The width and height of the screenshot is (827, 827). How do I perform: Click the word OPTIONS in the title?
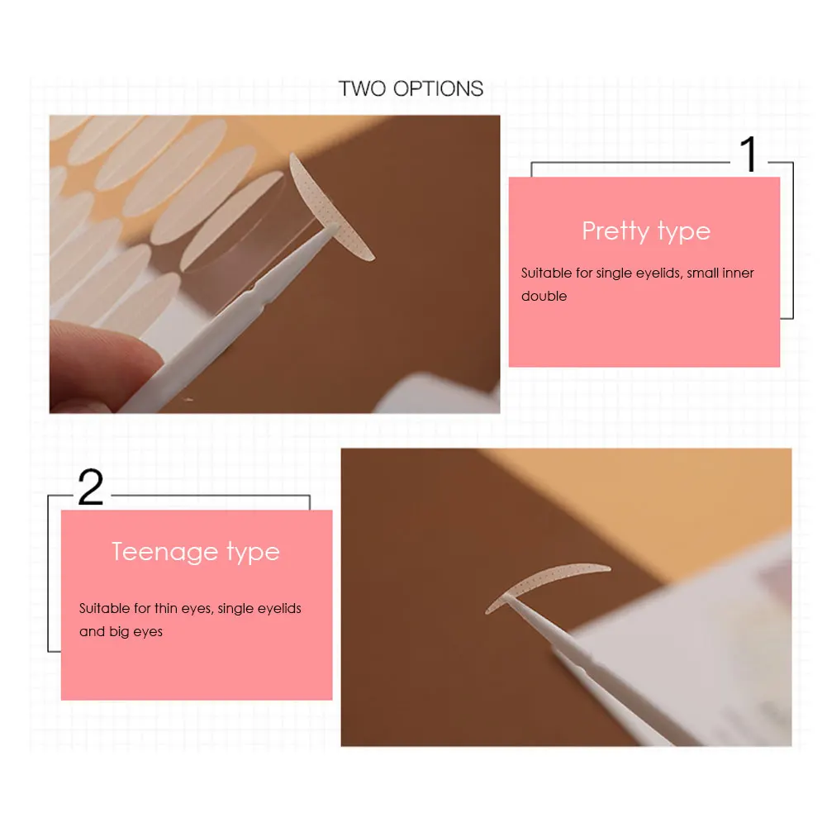pyautogui.click(x=439, y=88)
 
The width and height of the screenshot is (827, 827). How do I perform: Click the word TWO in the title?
pyautogui.click(x=363, y=88)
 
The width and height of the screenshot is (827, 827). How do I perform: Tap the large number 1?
pyautogui.click(x=749, y=154)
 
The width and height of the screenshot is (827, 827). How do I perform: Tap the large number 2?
pyautogui.click(x=91, y=487)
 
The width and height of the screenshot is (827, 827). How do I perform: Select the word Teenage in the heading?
pyautogui.click(x=165, y=552)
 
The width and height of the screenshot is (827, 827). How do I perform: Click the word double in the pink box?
pyautogui.click(x=544, y=296)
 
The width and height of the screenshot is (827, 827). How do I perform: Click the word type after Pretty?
pyautogui.click(x=683, y=233)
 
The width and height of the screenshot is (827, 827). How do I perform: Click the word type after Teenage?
pyautogui.click(x=253, y=554)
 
